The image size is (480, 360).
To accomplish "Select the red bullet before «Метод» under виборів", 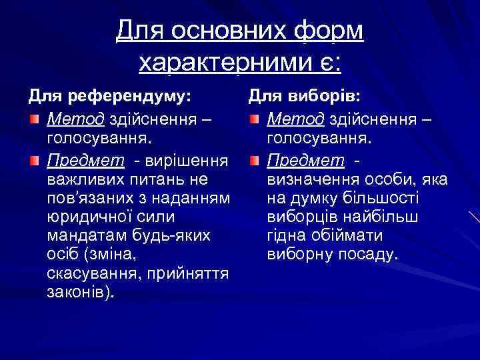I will pos(255,120).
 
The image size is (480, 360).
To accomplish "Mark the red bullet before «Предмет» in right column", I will pos(255,161).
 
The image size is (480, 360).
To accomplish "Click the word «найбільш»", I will pos(393,217).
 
